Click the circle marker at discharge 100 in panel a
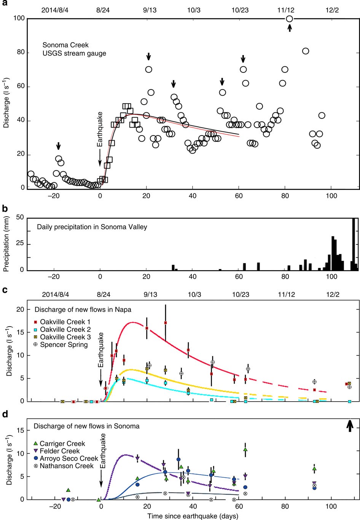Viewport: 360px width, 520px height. [289, 19]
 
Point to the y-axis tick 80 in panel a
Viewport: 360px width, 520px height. [20, 53]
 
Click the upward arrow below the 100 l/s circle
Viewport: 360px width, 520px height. [290, 28]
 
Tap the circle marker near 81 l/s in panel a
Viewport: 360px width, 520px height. [305, 51]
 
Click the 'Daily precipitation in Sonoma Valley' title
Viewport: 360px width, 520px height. [92, 227]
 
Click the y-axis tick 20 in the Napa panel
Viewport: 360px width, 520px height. [20, 309]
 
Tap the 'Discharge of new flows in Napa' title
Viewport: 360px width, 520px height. [83, 309]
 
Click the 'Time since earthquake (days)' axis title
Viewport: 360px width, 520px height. [193, 516]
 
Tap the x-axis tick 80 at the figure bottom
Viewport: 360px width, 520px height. [285, 507]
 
